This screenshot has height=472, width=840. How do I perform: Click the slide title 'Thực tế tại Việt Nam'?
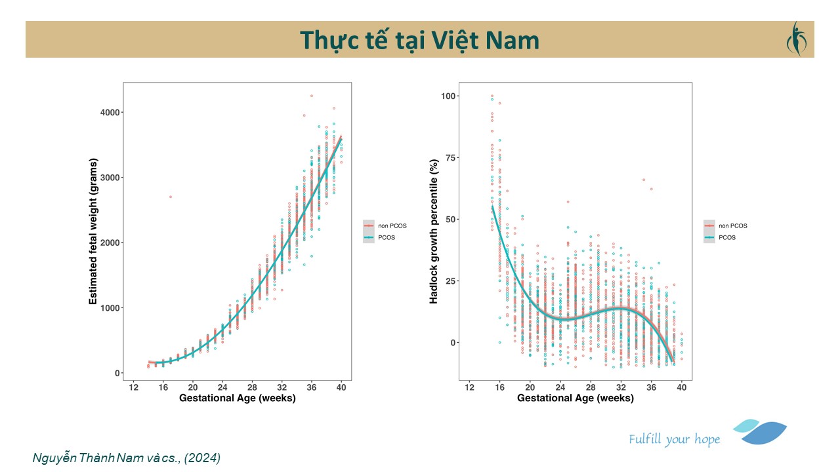[419, 40]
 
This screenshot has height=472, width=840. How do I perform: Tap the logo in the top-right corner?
[796, 39]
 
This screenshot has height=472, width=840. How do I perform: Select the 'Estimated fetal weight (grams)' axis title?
[93, 231]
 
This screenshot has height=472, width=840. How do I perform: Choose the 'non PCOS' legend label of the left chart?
[392, 226]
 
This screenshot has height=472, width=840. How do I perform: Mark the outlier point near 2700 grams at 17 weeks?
[171, 197]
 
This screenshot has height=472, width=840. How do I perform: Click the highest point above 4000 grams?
[311, 96]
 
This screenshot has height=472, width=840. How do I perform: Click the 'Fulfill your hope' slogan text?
[674, 439]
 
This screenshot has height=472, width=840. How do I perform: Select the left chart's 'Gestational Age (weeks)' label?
[237, 398]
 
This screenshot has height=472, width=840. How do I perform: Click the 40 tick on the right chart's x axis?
[682, 387]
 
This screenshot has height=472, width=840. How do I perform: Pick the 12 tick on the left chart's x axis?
[133, 387]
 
